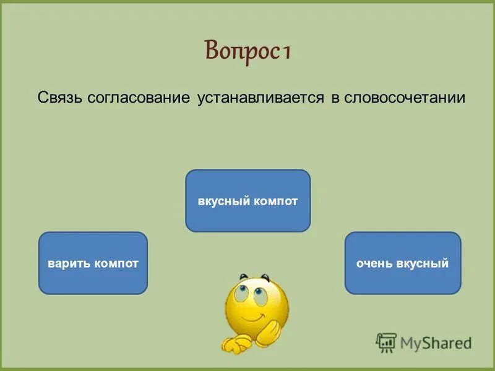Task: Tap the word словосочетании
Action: coord(403,98)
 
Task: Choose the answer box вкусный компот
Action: coord(247,201)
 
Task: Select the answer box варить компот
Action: coord(93,263)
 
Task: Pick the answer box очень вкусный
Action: coord(402,263)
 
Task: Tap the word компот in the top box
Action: coord(275,202)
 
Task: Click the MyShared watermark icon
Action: coord(386,342)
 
